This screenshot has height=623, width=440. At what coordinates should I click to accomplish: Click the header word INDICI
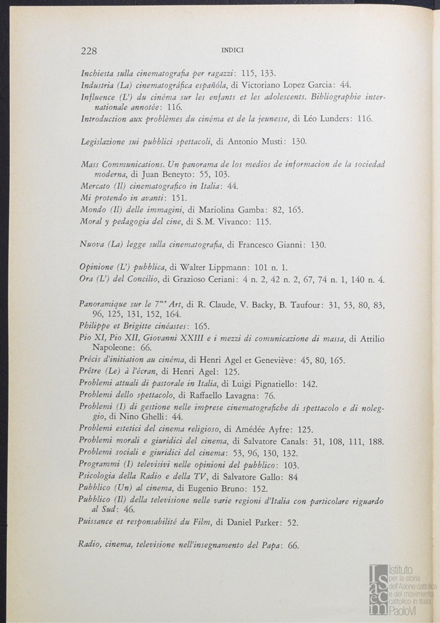point(232,51)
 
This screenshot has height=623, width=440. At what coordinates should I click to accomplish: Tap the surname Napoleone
point(114,348)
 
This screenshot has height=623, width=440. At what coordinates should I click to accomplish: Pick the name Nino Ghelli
point(135,417)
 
